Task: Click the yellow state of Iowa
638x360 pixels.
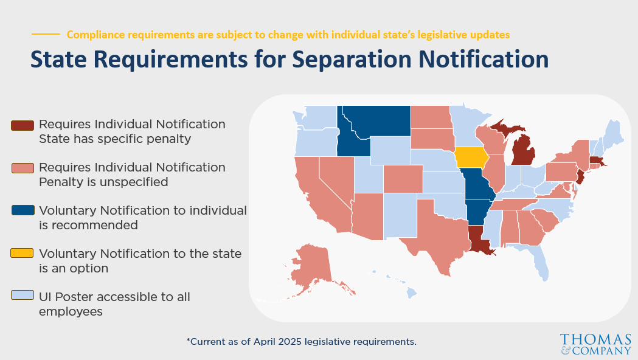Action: pyautogui.click(x=471, y=157)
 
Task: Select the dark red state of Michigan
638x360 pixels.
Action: pyautogui.click(x=522, y=151)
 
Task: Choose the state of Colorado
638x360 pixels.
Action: pyautogui.click(x=403, y=179)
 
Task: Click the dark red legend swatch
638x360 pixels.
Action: pyautogui.click(x=23, y=125)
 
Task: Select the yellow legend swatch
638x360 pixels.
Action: pyautogui.click(x=22, y=253)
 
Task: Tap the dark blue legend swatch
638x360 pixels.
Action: pyautogui.click(x=23, y=210)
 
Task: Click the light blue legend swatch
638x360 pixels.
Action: pyautogui.click(x=23, y=295)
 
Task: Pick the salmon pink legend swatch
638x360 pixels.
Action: pyautogui.click(x=23, y=168)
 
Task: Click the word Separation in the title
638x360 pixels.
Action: pyautogui.click(x=352, y=60)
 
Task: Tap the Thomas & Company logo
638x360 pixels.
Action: pyautogui.click(x=595, y=344)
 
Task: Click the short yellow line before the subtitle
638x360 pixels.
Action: pyautogui.click(x=46, y=34)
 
